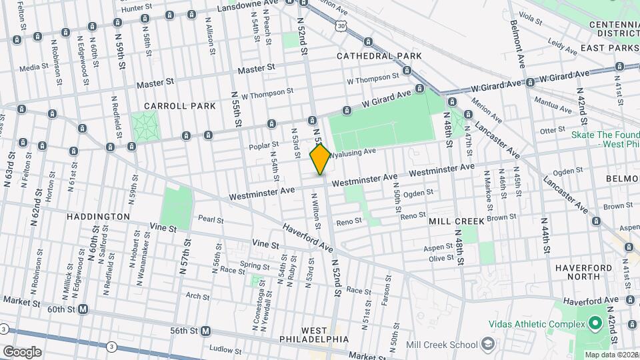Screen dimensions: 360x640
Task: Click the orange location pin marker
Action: tap(321, 159)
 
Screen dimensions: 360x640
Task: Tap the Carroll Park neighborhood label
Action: tap(180, 106)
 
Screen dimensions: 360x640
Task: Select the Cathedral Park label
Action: tap(379, 56)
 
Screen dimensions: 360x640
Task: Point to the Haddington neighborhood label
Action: tap(99, 217)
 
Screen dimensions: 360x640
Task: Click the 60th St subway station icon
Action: tap(83, 309)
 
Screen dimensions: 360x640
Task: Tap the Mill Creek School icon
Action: tap(489, 344)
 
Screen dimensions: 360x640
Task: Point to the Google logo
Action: tap(21, 351)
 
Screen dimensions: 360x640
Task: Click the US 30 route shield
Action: tap(341, 25)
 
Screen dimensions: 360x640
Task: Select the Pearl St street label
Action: tap(210, 219)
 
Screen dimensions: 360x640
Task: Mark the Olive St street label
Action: tap(441, 258)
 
